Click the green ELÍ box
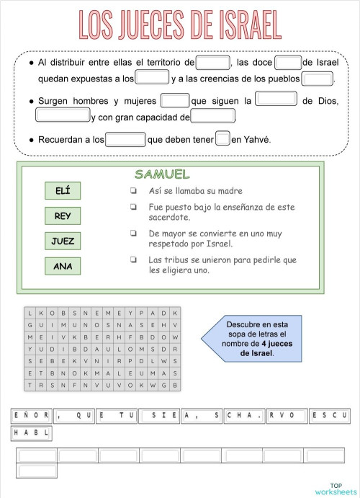click(x=63, y=191)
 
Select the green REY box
click(x=63, y=216)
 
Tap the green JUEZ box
click(x=63, y=241)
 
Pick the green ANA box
click(x=63, y=266)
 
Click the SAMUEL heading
click(x=162, y=174)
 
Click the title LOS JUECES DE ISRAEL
click(x=179, y=25)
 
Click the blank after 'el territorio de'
click(x=213, y=63)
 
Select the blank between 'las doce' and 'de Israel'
click(x=288, y=63)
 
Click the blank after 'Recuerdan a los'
click(x=125, y=138)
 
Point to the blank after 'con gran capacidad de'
click(x=213, y=117)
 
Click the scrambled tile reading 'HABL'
click(x=31, y=433)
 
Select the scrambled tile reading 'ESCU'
click(x=330, y=415)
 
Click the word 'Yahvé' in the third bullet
click(x=257, y=139)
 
